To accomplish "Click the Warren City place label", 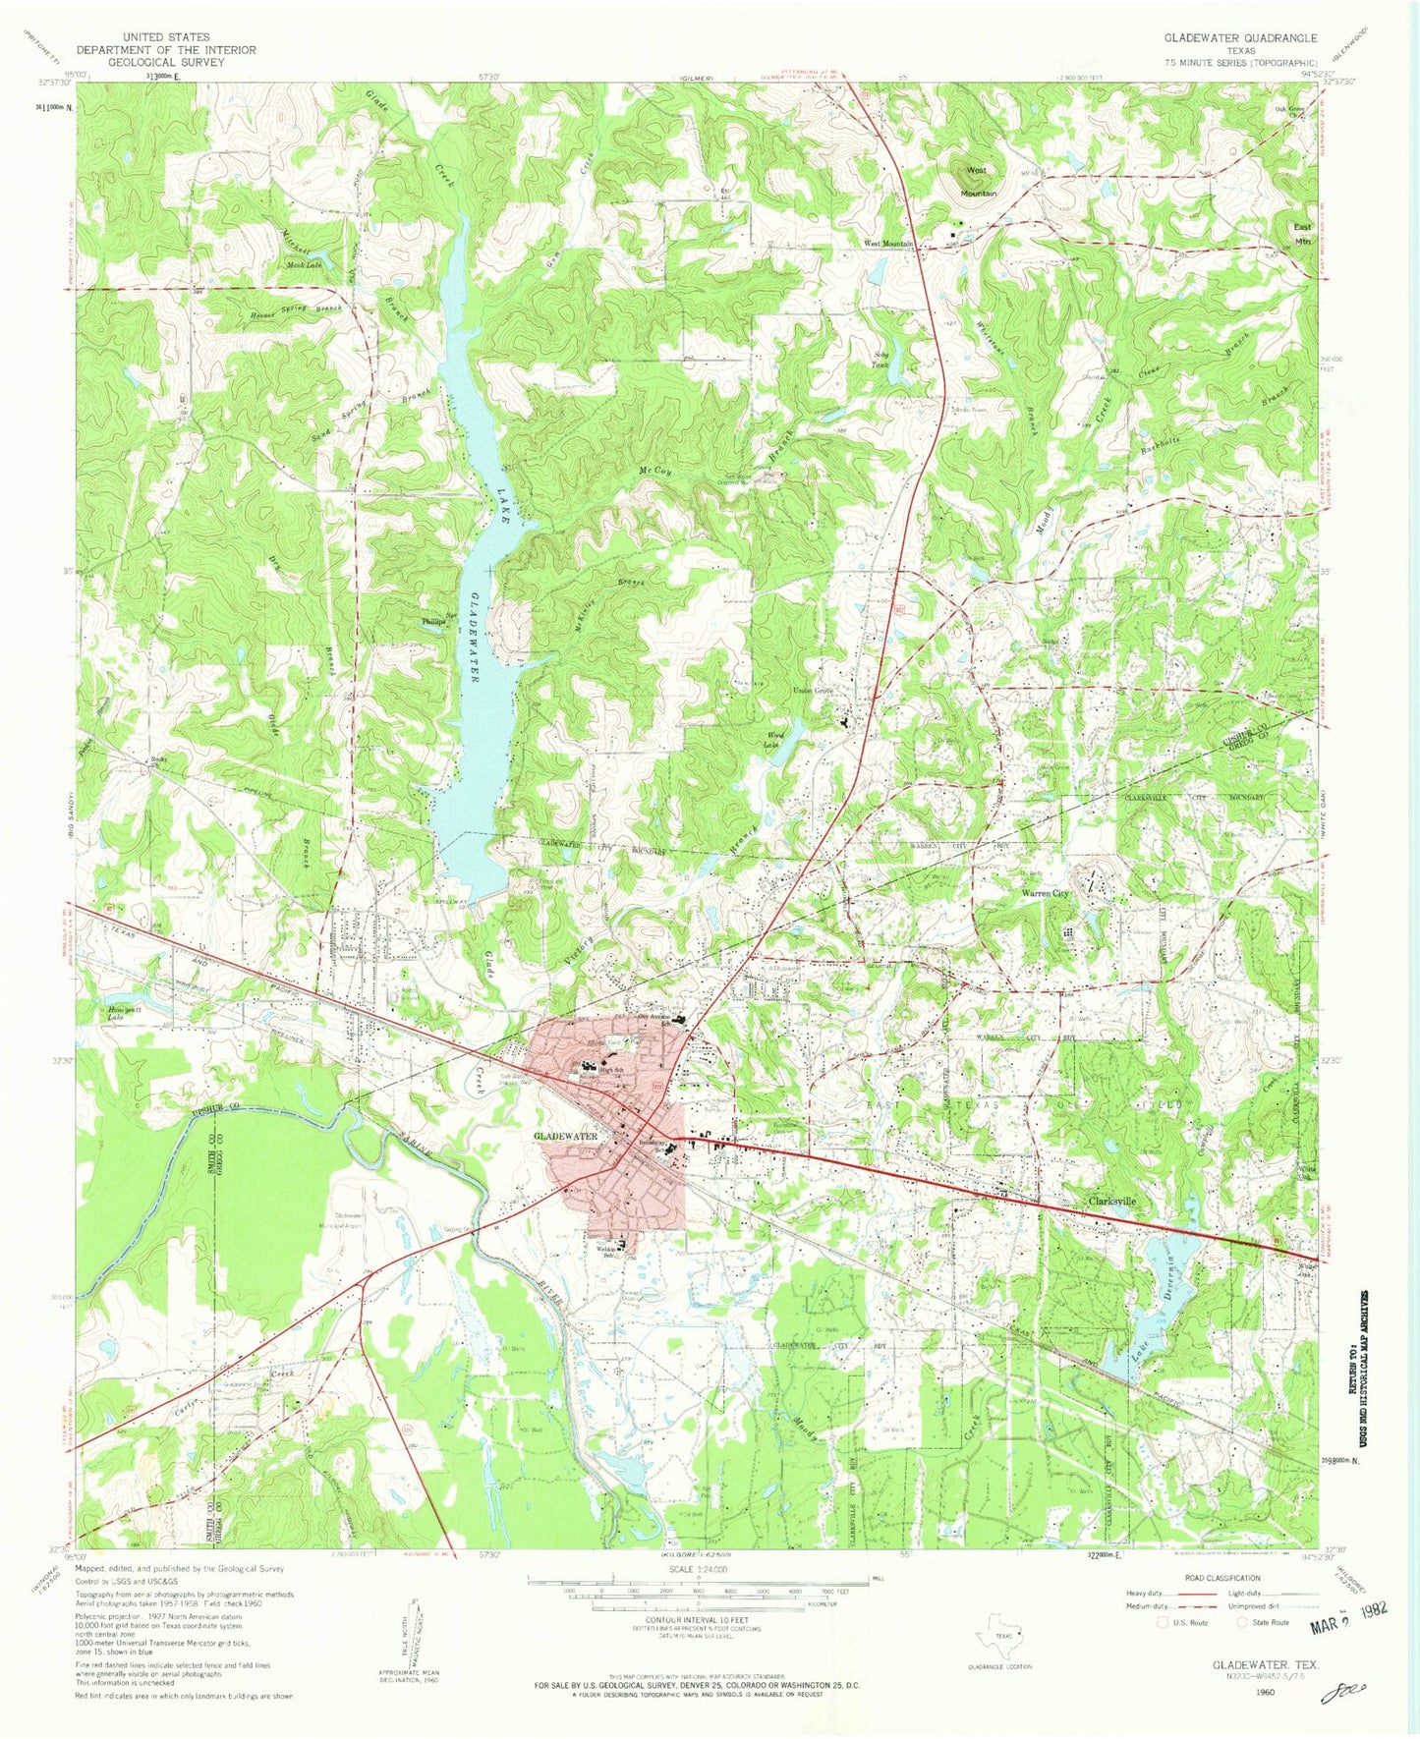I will [1046, 894].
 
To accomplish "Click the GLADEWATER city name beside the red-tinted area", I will [565, 1136].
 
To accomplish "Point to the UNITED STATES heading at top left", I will [166, 37].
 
